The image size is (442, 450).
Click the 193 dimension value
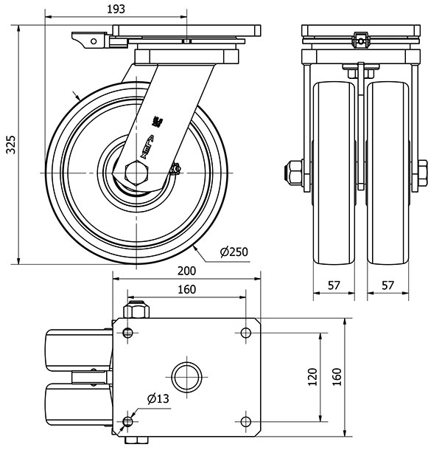pos(116,9)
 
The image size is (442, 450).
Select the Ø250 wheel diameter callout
pos(234,252)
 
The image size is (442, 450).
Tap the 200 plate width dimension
pos(187,271)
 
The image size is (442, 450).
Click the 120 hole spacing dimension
pos(312,376)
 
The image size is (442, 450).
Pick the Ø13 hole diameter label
pos(158,399)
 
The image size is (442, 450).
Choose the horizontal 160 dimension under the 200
pos(187,288)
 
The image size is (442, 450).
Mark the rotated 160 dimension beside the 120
pos(337,376)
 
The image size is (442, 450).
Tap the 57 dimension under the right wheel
pos(388,285)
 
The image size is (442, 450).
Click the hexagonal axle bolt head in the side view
pos(138,173)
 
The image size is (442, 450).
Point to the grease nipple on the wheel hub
pos(175,170)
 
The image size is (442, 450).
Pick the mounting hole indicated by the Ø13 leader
pos(128,421)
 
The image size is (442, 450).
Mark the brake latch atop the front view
pos(360,38)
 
